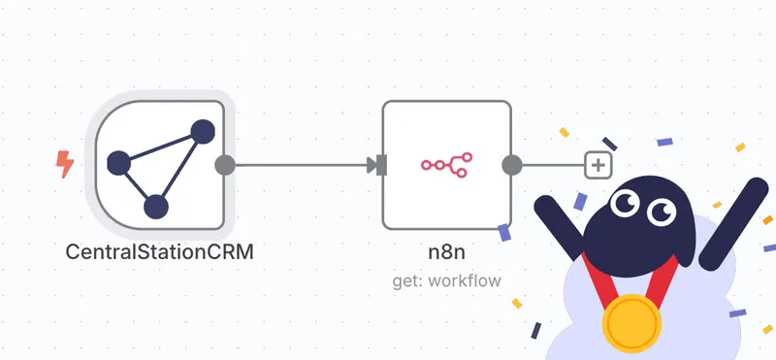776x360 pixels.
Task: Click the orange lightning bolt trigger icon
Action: [x=65, y=164]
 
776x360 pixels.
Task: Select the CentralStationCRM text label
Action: [x=159, y=252]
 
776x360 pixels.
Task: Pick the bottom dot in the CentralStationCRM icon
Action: [x=155, y=206]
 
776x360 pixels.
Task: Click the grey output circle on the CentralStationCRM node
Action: [x=224, y=164]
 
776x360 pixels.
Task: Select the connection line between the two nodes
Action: [x=301, y=164]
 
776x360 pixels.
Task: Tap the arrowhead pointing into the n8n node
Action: [x=372, y=164]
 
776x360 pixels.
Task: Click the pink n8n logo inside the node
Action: [x=446, y=164]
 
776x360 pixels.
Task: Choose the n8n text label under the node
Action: [x=446, y=252]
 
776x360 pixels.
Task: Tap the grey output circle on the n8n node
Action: [x=511, y=164]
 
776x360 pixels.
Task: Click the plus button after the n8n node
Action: [x=598, y=165]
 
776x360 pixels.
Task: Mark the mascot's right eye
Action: [x=663, y=210]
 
